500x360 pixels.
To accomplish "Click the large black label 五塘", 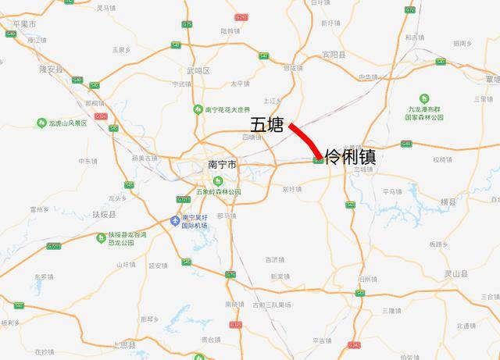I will click(266, 125).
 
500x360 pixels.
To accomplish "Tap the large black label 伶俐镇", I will click(350, 156).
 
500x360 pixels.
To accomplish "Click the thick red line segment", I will click(304, 141).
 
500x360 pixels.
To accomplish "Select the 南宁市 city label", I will click(223, 165).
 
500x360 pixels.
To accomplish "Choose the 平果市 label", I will click(26, 24).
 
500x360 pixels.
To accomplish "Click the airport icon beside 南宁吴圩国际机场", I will click(174, 222).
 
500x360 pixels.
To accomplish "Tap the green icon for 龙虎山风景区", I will click(41, 123).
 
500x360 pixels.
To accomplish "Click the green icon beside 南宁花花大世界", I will click(198, 109).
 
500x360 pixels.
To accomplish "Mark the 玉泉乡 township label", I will click(120, 49).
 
